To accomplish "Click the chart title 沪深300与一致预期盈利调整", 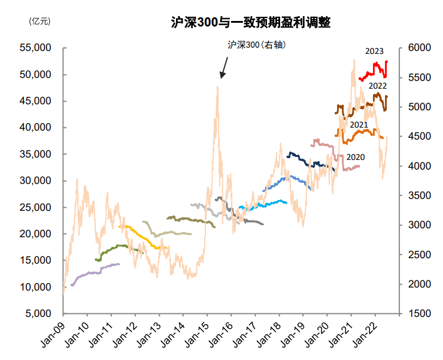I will tap(250, 23).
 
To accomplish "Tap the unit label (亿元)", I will tap(40, 21).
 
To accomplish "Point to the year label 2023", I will tap(374, 51).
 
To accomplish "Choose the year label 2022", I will tap(377, 86).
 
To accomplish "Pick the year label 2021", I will tap(359, 125).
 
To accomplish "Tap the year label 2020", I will tap(356, 157).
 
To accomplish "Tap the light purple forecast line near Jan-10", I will tap(90, 274).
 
